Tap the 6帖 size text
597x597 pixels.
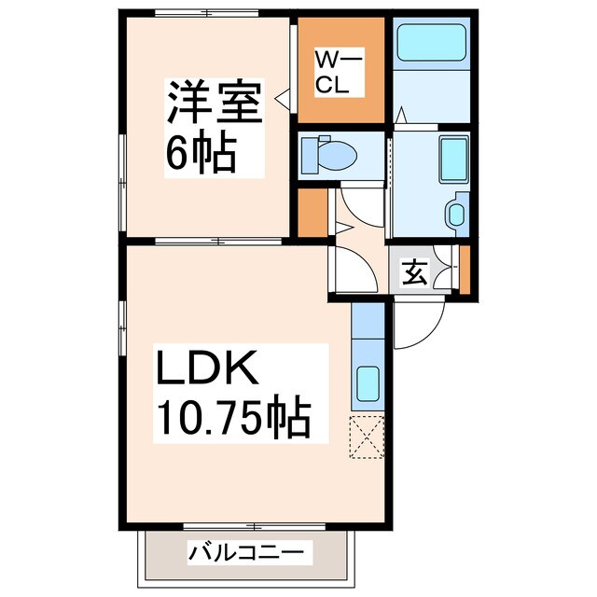click(x=201, y=151)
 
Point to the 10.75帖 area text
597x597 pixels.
click(x=233, y=419)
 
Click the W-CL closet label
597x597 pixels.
click(x=331, y=72)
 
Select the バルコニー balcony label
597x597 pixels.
click(x=246, y=553)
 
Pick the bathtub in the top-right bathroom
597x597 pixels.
click(x=430, y=43)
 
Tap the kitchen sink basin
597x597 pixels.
click(x=368, y=382)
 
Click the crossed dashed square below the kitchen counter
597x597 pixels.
click(x=367, y=437)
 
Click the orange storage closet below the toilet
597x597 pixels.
click(x=312, y=213)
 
